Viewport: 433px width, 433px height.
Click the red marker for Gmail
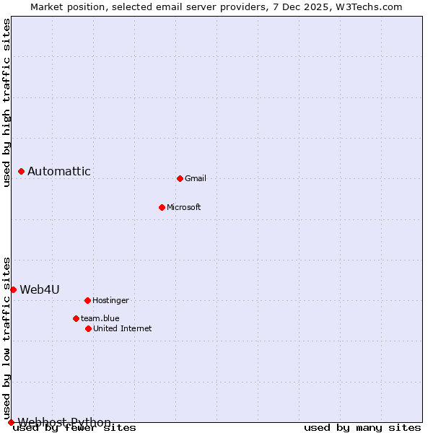pos(180,178)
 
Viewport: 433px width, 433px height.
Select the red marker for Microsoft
pos(162,207)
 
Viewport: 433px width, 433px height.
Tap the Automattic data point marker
pos(21,171)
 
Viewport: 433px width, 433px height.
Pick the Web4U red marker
pos(13,289)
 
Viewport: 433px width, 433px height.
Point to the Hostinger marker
pos(87,300)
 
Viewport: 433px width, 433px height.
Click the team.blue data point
pos(76,318)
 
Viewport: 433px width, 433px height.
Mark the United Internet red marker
pos(88,328)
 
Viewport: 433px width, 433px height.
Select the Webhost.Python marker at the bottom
pos(11,422)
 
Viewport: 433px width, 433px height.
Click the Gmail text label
pos(196,178)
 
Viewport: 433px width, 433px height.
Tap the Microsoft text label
pos(184,207)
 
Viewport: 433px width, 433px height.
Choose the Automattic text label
pos(59,171)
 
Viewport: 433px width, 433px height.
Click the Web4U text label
pos(40,289)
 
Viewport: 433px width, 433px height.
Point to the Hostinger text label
pos(110,300)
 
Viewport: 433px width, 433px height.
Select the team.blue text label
pos(100,318)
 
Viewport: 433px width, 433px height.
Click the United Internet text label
pos(123,328)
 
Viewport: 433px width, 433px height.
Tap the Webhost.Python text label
pos(65,422)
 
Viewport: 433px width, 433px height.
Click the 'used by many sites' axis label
pos(362,428)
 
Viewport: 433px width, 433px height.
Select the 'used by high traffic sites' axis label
pos(6,102)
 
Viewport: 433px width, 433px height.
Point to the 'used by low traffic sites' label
pos(6,338)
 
